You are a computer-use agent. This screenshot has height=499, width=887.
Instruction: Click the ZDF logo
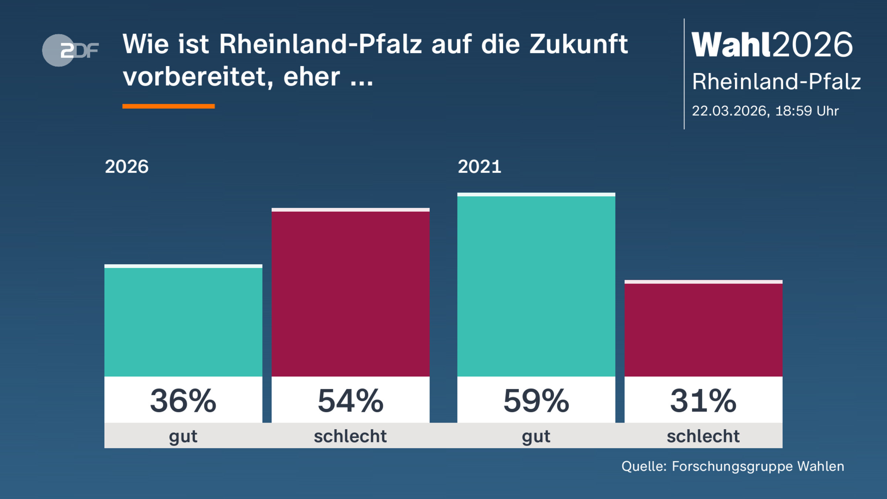[x=70, y=50]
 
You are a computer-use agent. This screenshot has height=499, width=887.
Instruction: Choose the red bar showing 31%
[x=703, y=329]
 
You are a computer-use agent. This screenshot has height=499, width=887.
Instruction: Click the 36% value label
[x=183, y=401]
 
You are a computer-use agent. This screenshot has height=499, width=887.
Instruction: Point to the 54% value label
[x=350, y=401]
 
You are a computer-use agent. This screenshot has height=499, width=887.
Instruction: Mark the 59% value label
[x=536, y=401]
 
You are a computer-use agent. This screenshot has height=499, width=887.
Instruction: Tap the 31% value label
[x=703, y=401]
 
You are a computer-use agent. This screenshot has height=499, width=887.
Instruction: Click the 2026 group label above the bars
[x=127, y=167]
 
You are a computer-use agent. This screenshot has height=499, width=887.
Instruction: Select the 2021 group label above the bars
[x=479, y=167]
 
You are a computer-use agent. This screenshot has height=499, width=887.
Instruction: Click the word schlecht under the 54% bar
[x=350, y=436]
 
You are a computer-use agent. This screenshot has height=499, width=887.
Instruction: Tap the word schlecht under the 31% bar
[x=703, y=436]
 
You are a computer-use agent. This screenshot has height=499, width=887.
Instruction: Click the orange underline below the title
[x=169, y=106]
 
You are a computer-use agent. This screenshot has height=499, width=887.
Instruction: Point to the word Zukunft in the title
[x=578, y=44]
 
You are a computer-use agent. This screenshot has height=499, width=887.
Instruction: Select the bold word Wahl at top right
[x=731, y=45]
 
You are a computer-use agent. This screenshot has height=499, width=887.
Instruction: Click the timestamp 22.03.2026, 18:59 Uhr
[x=765, y=111]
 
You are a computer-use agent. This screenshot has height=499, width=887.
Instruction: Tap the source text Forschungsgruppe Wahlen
[x=758, y=466]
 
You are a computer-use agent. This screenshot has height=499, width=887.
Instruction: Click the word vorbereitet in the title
[x=198, y=77]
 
